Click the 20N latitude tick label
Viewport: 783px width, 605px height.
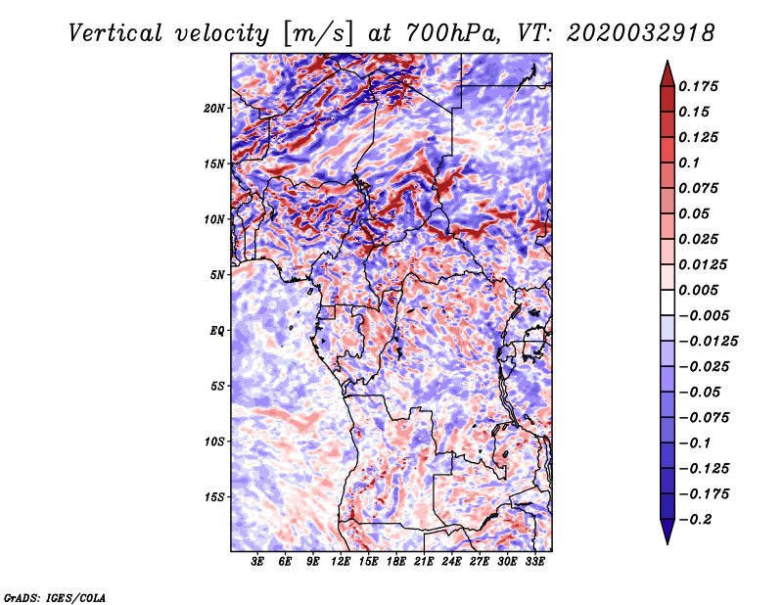pos(214,108)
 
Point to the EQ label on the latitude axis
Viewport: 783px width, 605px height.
pos(218,330)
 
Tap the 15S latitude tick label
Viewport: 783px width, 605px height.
pos(214,496)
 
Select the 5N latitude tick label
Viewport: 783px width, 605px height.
pos(217,274)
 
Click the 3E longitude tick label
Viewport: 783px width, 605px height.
pos(258,563)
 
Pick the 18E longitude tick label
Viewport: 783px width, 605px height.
pos(397,563)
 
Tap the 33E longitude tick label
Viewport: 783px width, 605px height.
pos(535,563)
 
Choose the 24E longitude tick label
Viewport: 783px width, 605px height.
pos(452,563)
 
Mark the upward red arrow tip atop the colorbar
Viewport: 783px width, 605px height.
pos(667,69)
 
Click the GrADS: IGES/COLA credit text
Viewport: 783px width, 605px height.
pos(55,596)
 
